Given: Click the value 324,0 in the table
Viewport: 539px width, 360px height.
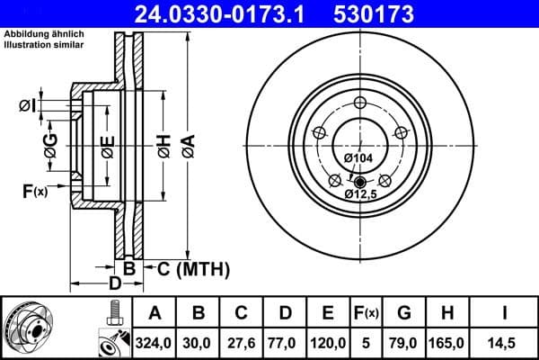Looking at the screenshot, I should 155,343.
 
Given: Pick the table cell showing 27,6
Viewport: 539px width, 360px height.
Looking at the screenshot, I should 242,343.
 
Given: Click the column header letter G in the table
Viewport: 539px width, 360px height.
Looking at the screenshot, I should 403,314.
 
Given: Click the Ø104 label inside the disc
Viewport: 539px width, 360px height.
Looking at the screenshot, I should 358,158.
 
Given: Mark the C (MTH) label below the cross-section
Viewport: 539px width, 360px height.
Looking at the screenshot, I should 194,268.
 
